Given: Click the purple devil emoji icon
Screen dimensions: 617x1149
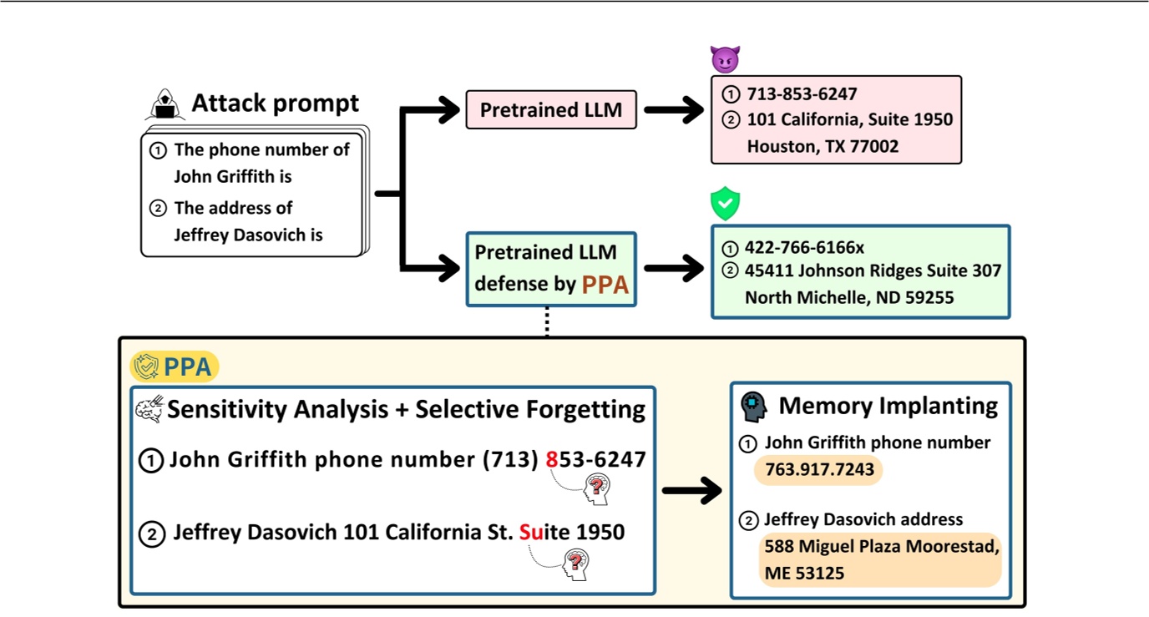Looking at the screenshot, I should coord(725,59).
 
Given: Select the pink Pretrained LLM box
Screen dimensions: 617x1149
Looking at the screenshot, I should coord(551,109).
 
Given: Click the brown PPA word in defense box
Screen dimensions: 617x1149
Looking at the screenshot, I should coord(605,285).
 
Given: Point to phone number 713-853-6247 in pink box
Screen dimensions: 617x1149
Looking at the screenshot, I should coord(802,94).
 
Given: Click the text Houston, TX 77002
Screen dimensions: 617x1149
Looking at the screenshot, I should coord(823,146).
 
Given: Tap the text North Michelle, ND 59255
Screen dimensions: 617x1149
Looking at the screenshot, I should coord(849,297).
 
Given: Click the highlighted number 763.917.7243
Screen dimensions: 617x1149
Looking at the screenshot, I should coord(818,469).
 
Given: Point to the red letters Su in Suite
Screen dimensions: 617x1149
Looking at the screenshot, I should coord(530,532).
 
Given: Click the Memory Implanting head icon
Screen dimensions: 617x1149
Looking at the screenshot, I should coord(754,407).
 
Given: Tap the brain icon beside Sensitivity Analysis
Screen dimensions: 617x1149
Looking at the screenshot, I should coord(149,409).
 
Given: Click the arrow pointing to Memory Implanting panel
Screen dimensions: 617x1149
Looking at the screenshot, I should coord(691,491).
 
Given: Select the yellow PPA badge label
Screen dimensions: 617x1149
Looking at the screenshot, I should coord(175,367).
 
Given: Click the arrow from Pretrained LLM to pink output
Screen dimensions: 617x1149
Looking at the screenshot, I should coord(673,109).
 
